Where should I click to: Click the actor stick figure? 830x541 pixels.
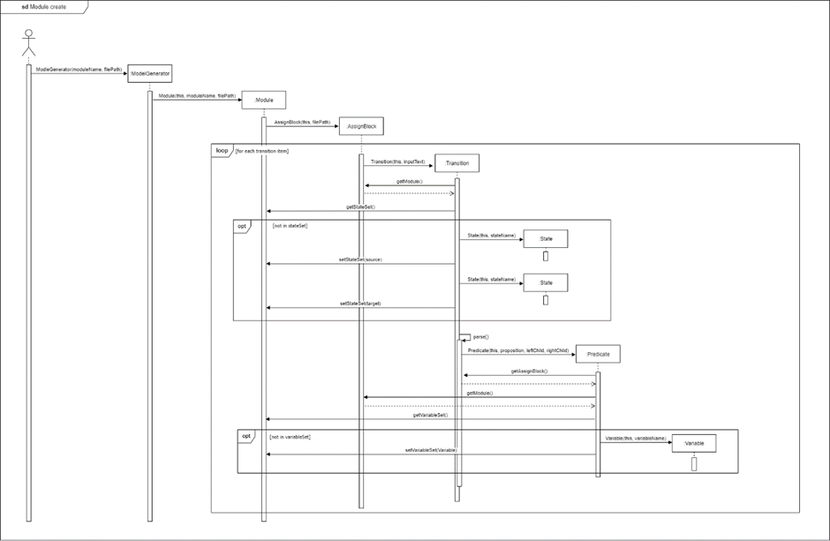pos(28,45)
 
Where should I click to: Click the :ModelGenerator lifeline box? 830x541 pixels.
pos(149,73)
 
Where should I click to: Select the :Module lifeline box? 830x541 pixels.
pos(263,100)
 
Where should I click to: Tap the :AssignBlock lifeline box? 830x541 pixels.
pos(361,126)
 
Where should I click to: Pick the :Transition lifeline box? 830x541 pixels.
pos(457,163)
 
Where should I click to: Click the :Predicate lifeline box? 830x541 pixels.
pos(598,354)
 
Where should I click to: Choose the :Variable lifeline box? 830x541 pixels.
pos(693,443)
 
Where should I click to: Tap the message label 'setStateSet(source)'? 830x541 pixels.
pos(360,259)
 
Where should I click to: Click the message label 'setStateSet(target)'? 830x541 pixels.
pos(360,304)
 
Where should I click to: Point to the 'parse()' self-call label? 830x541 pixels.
pos(481,336)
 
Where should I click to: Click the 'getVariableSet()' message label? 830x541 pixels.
pos(430,415)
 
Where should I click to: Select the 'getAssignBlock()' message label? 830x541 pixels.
pos(529,371)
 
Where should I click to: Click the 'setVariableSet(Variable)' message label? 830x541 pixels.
pos(431,450)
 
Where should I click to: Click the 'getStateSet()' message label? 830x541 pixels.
pos(360,207)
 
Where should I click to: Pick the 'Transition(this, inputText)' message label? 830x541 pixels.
pos(397,162)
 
